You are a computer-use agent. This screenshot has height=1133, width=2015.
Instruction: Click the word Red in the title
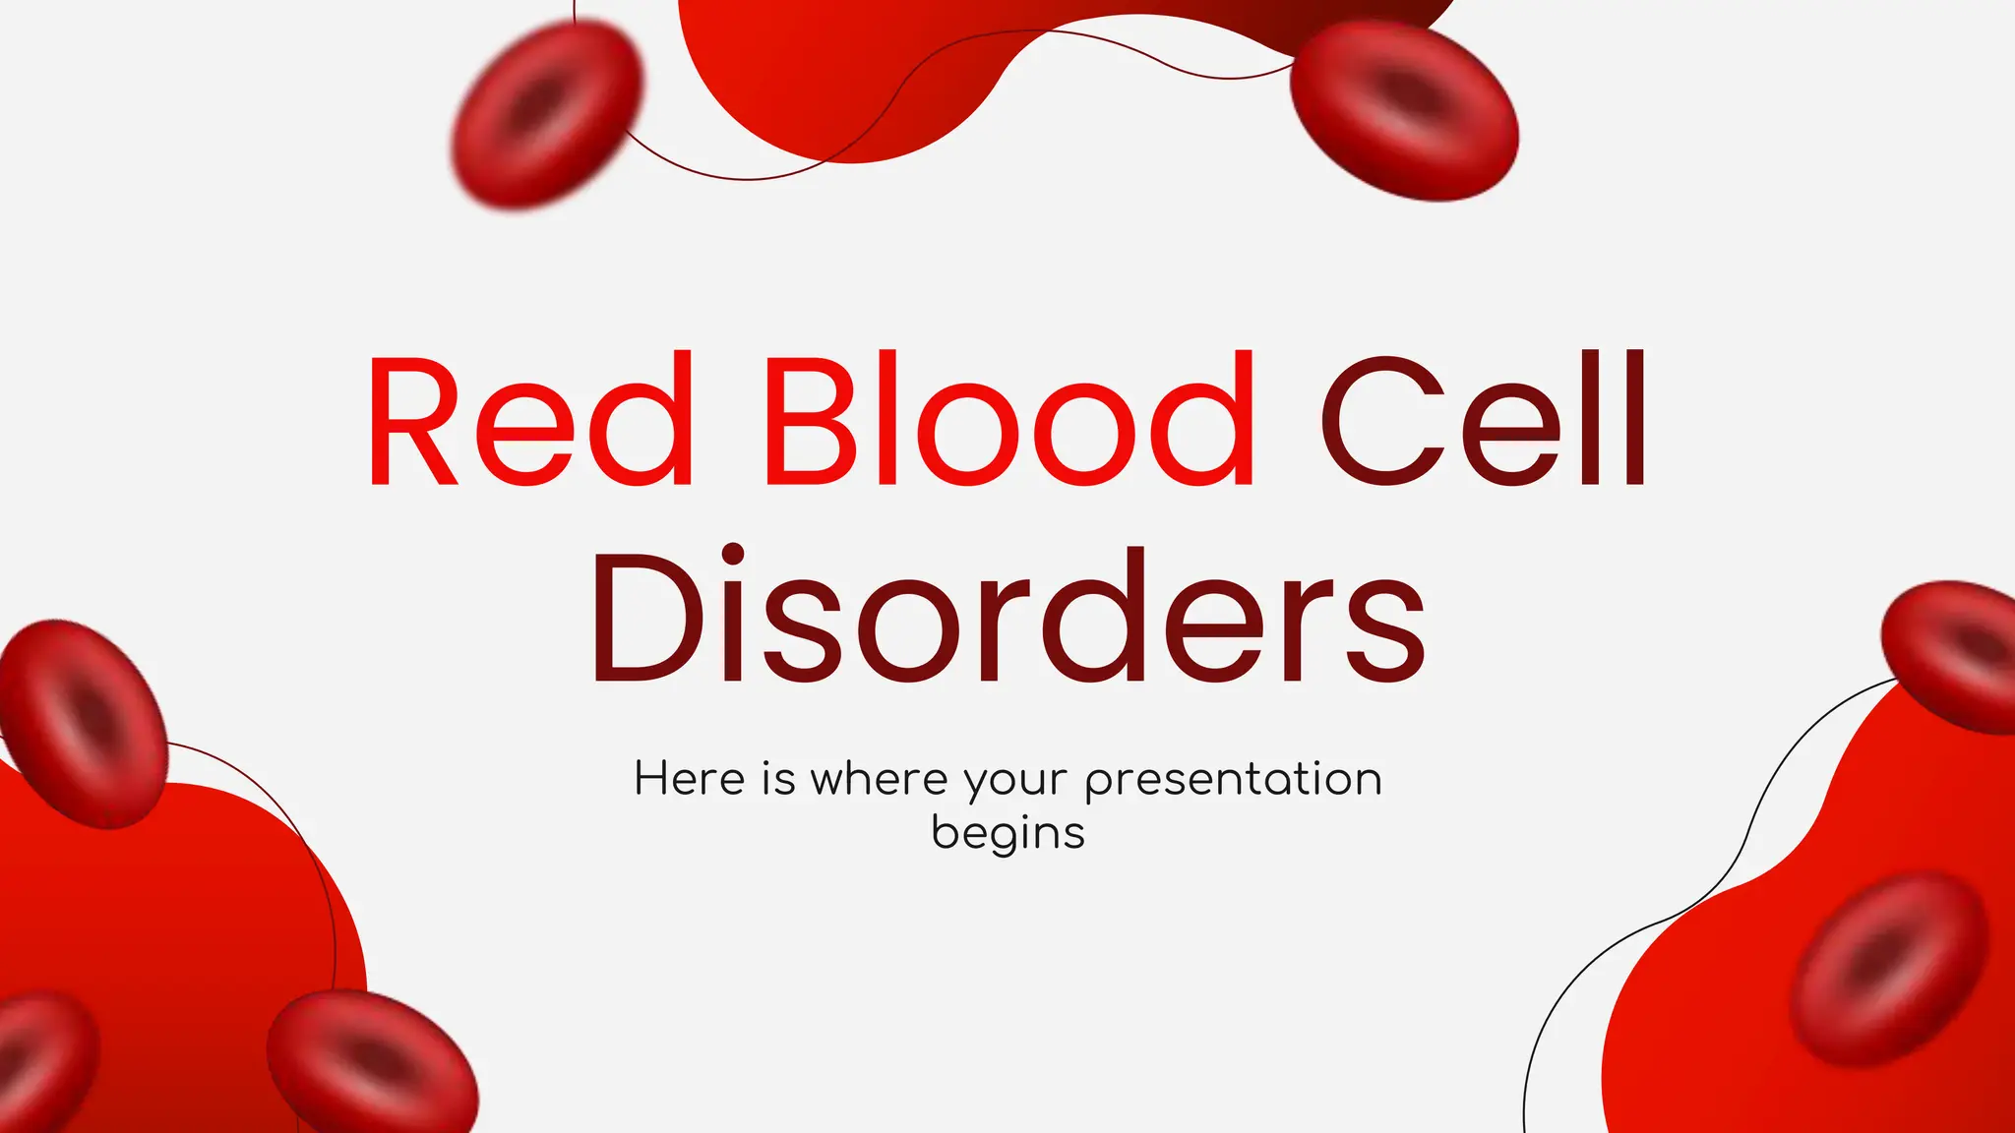(530, 420)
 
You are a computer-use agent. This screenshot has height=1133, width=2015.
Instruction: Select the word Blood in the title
(1008, 420)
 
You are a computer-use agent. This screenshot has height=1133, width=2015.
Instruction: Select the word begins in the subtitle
(1007, 834)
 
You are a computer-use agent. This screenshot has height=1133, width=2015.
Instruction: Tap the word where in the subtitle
(879, 779)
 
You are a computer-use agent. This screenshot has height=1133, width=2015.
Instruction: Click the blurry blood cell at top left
(547, 113)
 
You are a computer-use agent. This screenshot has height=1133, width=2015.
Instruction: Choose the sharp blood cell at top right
(1404, 110)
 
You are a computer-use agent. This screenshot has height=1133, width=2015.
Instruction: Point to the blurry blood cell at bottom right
(1887, 969)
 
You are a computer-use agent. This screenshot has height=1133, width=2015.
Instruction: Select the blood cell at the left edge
(84, 723)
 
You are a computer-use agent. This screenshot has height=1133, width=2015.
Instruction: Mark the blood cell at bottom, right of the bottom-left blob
(372, 1062)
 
